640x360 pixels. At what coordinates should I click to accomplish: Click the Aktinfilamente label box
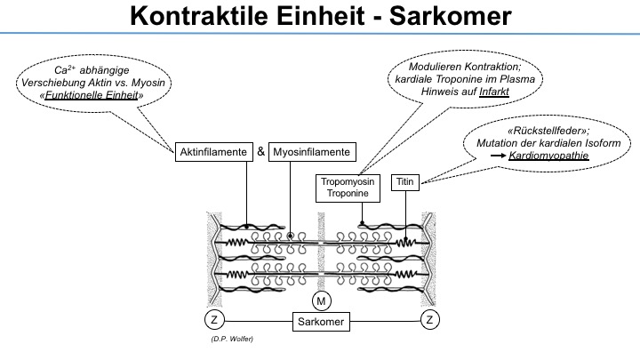point(214,152)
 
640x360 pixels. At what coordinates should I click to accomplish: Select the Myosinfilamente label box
point(312,152)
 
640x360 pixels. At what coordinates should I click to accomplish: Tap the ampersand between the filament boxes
point(260,152)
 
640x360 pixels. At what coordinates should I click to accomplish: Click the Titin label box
point(405,182)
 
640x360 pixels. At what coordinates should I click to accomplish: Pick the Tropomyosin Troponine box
point(348,188)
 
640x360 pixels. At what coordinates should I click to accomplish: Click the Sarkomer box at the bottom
point(321,322)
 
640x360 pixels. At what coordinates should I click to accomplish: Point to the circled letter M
point(321,301)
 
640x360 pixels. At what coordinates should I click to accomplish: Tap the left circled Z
point(214,320)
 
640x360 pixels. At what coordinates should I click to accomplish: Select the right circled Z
point(430,320)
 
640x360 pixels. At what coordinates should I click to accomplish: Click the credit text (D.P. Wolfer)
point(232,339)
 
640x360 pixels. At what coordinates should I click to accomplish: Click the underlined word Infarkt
point(494,92)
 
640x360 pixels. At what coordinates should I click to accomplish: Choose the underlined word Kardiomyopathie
point(548,156)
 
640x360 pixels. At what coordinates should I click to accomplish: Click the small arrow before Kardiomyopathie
point(498,156)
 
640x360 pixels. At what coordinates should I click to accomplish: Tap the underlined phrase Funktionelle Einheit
point(92,95)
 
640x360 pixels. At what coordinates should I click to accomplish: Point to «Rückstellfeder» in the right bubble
point(548,131)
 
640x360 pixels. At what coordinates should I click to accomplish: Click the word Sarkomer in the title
point(450,16)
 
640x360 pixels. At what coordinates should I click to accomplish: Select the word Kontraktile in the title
point(199,16)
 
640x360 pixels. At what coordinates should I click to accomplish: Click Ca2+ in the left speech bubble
point(65,69)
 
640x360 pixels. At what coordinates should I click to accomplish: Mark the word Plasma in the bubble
point(518,79)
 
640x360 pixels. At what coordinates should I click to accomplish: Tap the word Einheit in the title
point(320,16)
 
